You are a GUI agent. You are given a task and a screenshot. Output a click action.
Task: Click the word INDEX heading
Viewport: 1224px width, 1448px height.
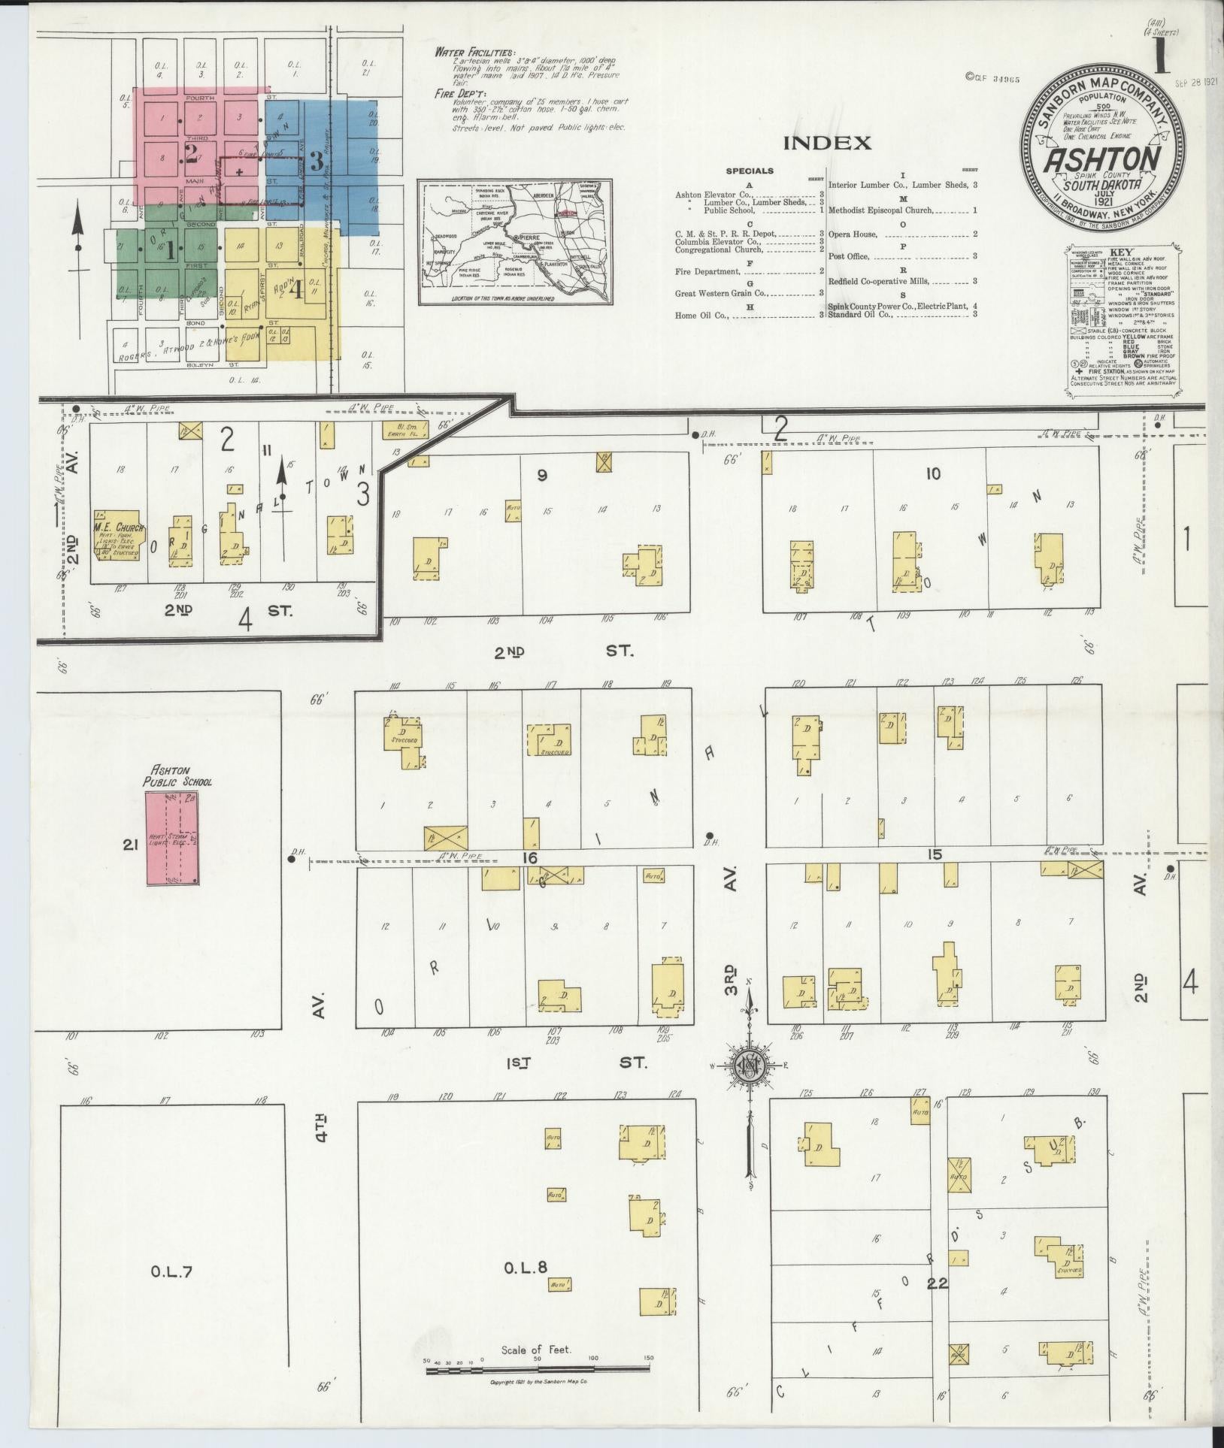pos(827,143)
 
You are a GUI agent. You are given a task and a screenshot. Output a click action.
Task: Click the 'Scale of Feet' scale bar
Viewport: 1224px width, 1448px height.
pos(539,1370)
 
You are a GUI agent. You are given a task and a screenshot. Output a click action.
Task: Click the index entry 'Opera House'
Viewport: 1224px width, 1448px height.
pos(853,234)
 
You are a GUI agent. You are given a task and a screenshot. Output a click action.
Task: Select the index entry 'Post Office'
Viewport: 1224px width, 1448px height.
pos(848,257)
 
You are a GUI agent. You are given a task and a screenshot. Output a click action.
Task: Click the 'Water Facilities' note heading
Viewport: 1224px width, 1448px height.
pos(474,53)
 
